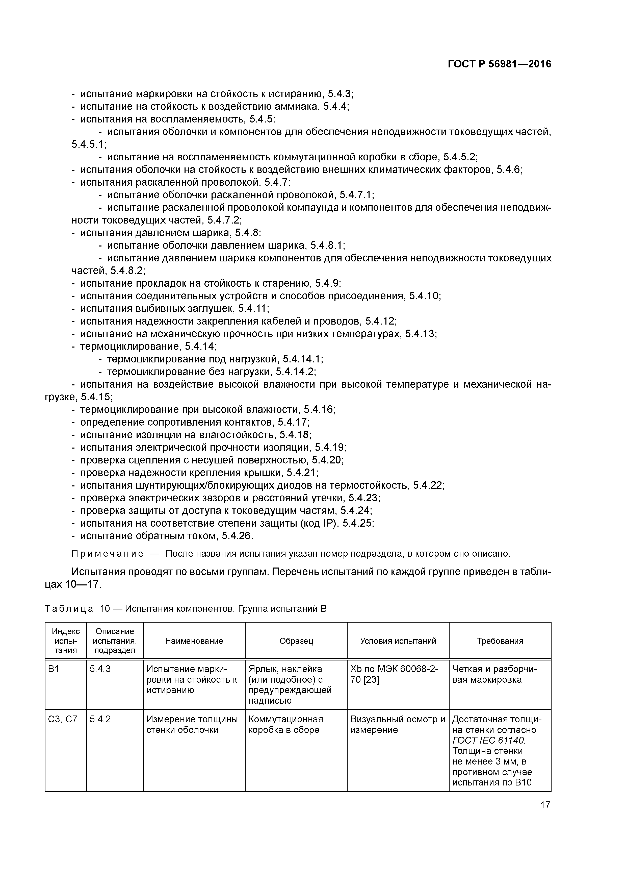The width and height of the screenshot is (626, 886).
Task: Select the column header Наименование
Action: [194, 641]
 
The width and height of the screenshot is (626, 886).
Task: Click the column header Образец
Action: [296, 641]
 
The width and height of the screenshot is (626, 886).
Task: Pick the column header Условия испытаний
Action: [398, 641]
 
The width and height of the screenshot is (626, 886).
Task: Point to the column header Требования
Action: [500, 641]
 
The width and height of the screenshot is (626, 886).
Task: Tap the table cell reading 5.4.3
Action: [100, 669]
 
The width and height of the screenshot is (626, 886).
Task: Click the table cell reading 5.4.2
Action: [100, 719]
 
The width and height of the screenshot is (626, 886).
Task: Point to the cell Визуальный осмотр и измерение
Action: [397, 724]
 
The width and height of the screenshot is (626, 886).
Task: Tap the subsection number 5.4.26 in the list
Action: [237, 536]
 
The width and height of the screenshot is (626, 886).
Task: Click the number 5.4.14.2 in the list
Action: [295, 372]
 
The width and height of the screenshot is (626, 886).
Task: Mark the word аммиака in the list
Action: [299, 107]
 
